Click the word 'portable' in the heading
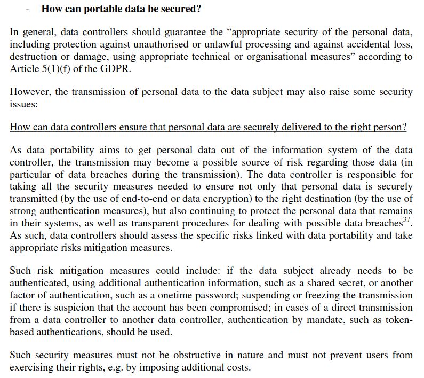point(98,9)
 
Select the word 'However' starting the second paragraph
point(29,92)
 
